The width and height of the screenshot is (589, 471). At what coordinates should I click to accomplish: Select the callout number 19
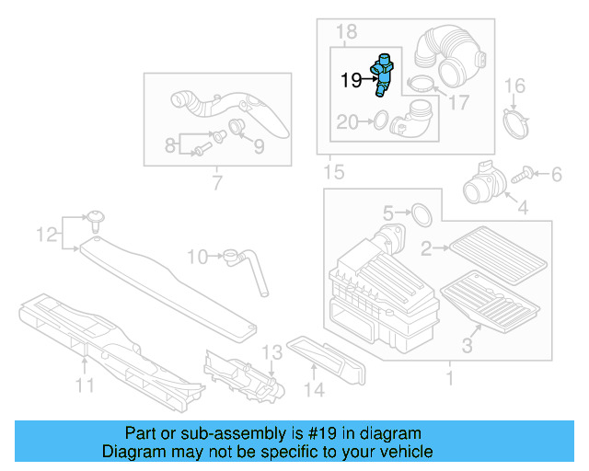click(x=351, y=80)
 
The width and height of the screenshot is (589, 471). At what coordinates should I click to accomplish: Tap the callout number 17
click(x=457, y=103)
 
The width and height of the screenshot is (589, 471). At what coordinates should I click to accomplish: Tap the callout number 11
click(x=85, y=386)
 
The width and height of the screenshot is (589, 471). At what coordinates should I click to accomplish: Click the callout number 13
click(x=271, y=352)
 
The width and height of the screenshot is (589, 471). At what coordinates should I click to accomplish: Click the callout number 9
click(x=259, y=146)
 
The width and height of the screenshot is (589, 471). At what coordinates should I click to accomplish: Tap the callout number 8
click(x=169, y=144)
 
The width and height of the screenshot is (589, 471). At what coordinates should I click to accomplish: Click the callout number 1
click(x=449, y=377)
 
